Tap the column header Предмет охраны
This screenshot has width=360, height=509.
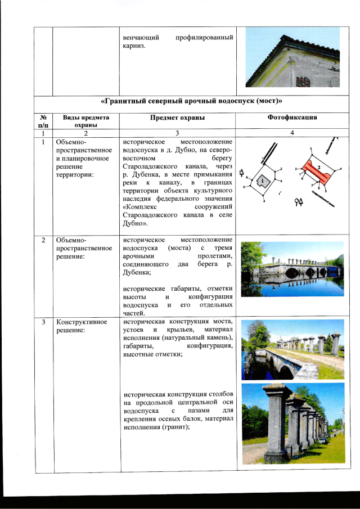[177, 118]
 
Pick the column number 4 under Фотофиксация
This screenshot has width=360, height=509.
[292, 133]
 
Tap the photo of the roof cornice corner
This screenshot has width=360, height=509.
[292, 58]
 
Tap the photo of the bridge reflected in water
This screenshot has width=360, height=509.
[292, 269]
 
